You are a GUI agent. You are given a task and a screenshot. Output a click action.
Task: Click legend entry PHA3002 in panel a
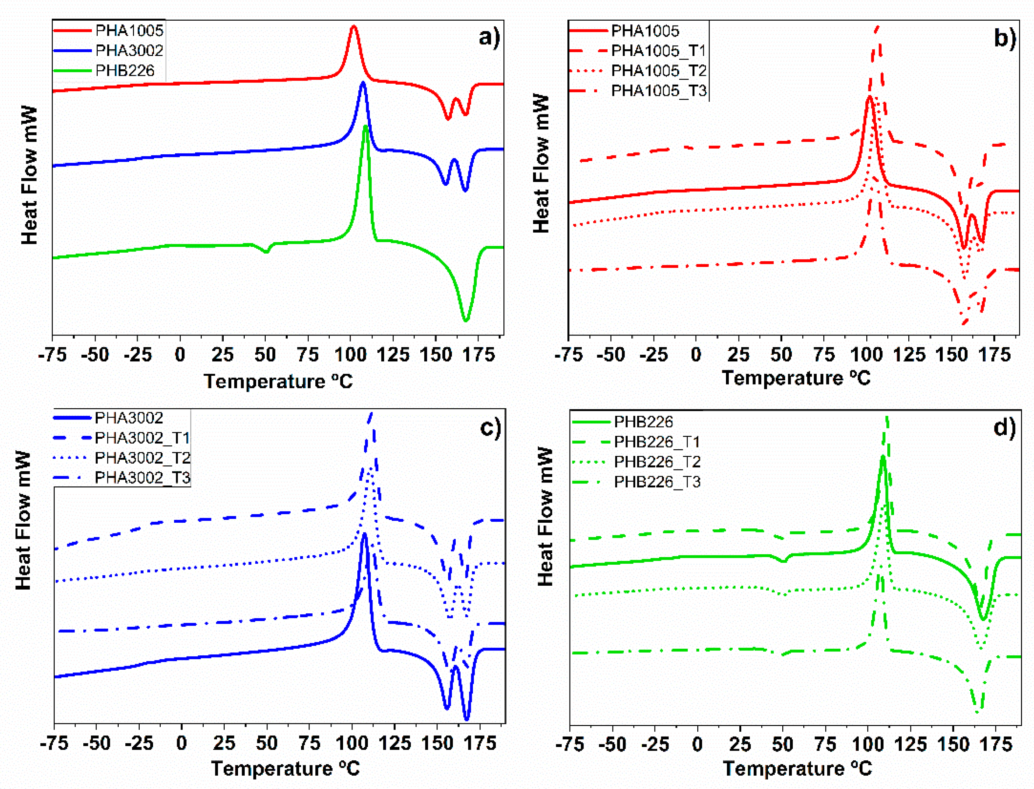pyautogui.click(x=129, y=51)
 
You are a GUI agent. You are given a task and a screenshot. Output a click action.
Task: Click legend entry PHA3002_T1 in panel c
pyautogui.click(x=142, y=438)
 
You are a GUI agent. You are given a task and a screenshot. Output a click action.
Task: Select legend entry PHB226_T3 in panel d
pyautogui.click(x=657, y=482)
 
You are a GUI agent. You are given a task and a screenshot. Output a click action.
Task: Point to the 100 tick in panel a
pyautogui.click(x=350, y=354)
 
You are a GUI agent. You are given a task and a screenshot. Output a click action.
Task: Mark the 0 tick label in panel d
pyautogui.click(x=698, y=744)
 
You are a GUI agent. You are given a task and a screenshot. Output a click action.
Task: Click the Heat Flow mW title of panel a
pyautogui.click(x=29, y=175)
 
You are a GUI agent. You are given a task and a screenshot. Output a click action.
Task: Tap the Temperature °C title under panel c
pyautogui.click(x=285, y=769)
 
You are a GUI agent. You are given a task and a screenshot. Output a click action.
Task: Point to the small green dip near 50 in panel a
pyautogui.click(x=266, y=252)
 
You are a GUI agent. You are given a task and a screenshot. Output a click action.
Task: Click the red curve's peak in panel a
pyautogui.click(x=354, y=27)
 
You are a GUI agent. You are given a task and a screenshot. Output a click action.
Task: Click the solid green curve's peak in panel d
pyautogui.click(x=883, y=457)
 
